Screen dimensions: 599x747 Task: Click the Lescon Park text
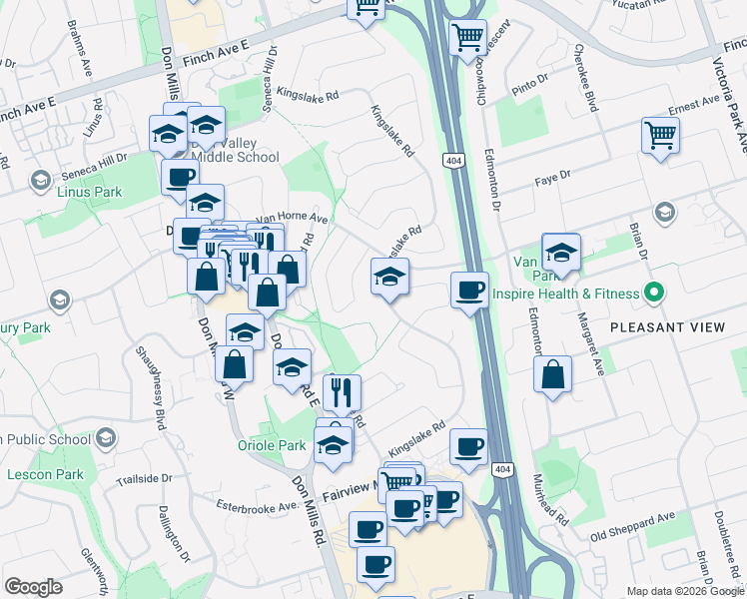45,474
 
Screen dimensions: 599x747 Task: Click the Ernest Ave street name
694,103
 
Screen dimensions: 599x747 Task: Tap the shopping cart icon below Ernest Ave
660,135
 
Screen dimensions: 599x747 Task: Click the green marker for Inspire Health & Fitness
654,294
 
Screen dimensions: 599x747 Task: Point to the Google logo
34,586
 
